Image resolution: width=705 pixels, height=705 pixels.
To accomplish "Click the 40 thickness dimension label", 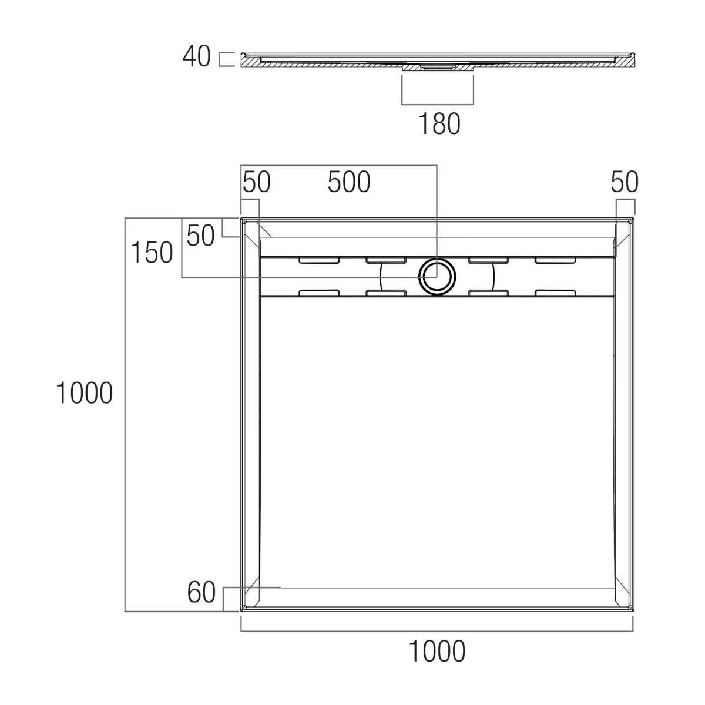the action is click(x=196, y=56).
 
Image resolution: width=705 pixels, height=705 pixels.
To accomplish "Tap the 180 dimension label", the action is click(x=439, y=123).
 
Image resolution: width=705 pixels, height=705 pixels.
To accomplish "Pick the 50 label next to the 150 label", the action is click(x=200, y=236).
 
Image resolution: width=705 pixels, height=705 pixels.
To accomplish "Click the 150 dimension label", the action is click(x=152, y=253).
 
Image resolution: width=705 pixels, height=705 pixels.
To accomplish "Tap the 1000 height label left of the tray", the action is click(x=84, y=393).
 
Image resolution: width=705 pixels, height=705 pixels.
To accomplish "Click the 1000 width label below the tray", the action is click(x=437, y=652).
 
